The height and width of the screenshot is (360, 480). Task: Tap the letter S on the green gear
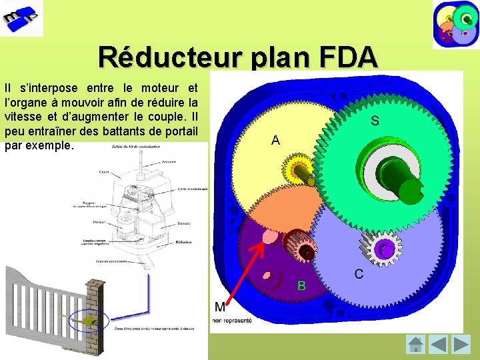(375, 121)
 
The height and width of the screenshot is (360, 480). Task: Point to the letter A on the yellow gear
(275, 140)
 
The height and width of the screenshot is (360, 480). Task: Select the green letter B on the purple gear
(301, 285)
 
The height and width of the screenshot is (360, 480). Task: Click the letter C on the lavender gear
(359, 273)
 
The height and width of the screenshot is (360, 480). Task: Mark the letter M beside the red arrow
(220, 307)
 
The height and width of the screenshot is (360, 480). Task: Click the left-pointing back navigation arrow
(438, 345)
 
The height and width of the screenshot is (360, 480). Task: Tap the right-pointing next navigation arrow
(461, 345)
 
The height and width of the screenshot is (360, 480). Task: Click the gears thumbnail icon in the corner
(455, 24)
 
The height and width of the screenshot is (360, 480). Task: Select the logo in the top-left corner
(21, 18)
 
